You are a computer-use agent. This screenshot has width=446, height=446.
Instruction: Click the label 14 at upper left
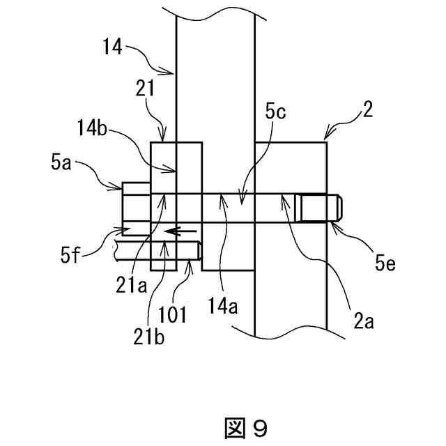tap(111, 47)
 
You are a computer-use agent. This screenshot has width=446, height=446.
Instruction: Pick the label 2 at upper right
tap(369, 109)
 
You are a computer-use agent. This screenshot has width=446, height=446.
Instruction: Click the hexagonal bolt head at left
tap(136, 206)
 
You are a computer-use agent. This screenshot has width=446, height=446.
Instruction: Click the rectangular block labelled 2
tap(291, 167)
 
